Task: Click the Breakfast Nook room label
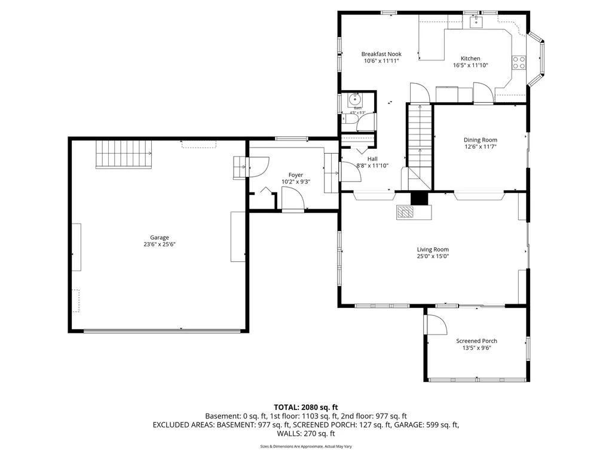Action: pos(381,54)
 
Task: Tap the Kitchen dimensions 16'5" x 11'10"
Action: pos(470,65)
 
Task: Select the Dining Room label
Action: pos(481,140)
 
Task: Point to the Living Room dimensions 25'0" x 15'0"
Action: pos(433,256)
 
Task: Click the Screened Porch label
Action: pos(476,341)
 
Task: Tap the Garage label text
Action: pos(159,237)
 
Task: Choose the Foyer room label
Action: pos(295,175)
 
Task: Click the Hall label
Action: pos(372,158)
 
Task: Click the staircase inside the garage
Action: pos(124,154)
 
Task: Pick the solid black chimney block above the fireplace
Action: pos(420,198)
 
